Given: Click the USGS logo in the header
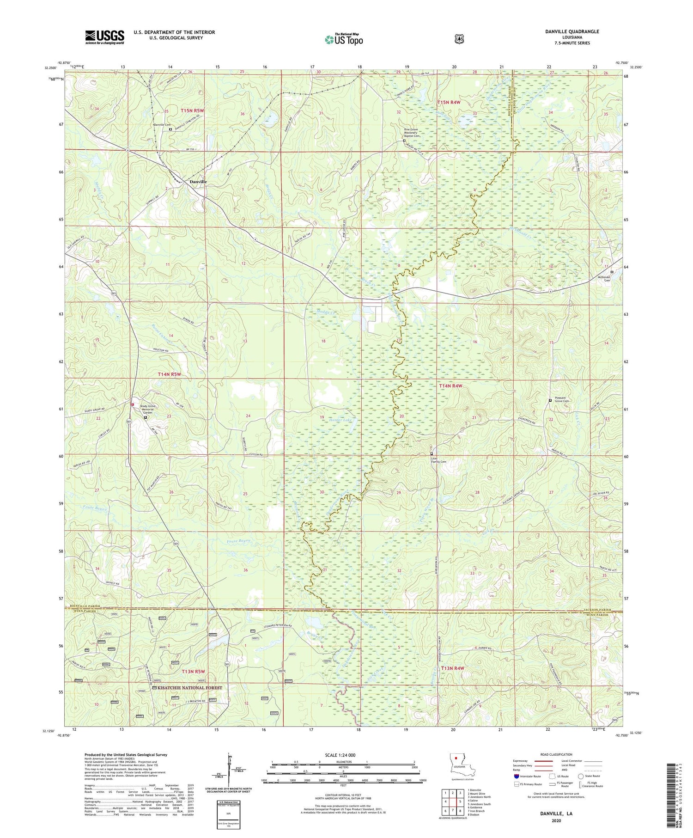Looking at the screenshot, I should (x=104, y=37).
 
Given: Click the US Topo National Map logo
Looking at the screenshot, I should (x=344, y=39).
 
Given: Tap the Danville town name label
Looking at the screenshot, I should (x=198, y=182).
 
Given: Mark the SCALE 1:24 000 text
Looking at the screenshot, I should (x=343, y=755).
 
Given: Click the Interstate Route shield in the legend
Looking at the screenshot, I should (x=516, y=776).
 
